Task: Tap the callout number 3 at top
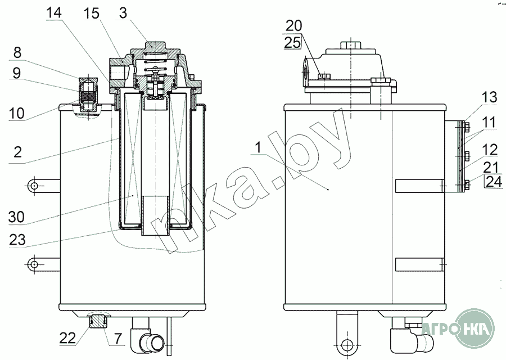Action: point(123,13)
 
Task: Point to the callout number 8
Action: point(17,52)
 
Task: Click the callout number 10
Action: point(16,113)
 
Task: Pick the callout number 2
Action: point(17,151)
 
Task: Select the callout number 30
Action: point(16,217)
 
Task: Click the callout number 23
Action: point(17,240)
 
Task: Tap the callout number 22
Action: point(67,338)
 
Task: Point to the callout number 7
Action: point(118,339)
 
